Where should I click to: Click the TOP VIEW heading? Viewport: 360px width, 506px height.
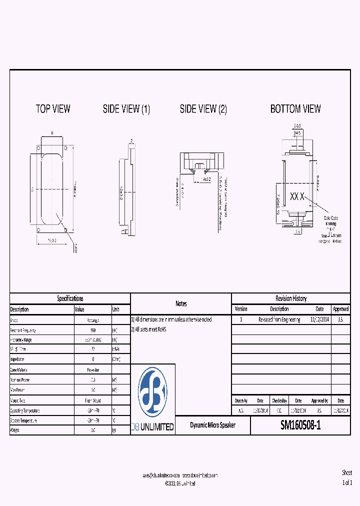point(53,108)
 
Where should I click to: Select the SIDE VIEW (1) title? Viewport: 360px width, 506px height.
point(126,109)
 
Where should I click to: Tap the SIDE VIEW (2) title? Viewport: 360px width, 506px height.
point(203,109)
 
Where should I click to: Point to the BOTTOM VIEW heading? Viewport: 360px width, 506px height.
point(295,108)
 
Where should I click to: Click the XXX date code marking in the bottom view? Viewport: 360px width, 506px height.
point(297,197)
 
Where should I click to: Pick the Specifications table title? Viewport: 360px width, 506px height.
point(70,298)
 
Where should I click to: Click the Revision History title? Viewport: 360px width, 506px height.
point(291,298)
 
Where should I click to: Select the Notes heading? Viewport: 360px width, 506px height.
point(181,303)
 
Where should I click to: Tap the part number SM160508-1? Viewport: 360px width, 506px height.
point(300,425)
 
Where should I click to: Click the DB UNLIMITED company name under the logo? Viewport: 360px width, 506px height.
point(152,427)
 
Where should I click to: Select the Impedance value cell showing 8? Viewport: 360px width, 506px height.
point(93,359)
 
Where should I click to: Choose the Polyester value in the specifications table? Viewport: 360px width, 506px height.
point(93,370)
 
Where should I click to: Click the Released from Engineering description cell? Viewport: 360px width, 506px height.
point(279,319)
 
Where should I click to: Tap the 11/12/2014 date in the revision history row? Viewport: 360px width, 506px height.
point(319,319)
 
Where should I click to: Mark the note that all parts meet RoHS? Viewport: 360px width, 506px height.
point(148,329)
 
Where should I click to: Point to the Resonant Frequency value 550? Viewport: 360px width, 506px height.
point(93,330)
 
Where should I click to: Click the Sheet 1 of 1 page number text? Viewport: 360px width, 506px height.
point(347,478)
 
